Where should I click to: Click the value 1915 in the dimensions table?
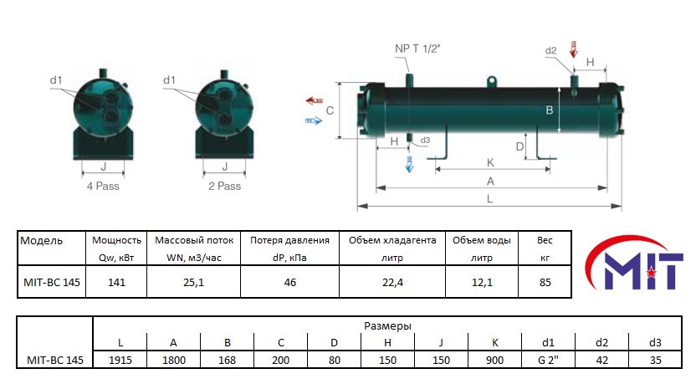[120, 360]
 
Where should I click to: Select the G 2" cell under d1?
[548, 360]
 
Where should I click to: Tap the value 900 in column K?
[494, 360]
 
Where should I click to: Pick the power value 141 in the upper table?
[116, 282]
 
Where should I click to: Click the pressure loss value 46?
[289, 282]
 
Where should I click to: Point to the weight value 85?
[545, 282]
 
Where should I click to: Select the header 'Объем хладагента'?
[392, 240]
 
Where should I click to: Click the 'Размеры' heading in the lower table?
[387, 325]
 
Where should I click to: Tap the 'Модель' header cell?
[41, 241]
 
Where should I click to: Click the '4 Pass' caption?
[103, 186]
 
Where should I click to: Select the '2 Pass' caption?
[224, 186]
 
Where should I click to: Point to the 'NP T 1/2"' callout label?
[417, 49]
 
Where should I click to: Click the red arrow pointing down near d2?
[574, 49]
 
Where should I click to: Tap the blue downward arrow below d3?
[409, 164]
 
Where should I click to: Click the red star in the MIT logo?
[651, 272]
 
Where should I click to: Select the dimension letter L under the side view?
[489, 198]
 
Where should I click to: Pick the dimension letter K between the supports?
[490, 163]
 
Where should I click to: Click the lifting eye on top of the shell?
[491, 82]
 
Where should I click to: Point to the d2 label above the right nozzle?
[550, 50]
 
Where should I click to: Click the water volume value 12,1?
[482, 282]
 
